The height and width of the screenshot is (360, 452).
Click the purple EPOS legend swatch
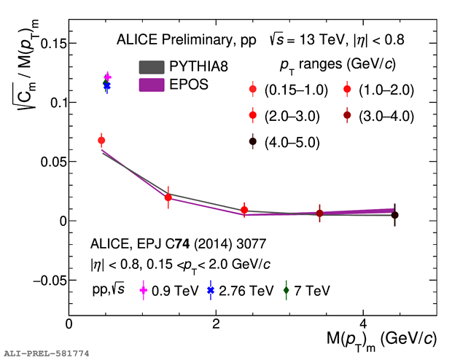pyautogui.click(x=152, y=85)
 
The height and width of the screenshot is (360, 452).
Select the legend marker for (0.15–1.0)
pyautogui.click(x=253, y=90)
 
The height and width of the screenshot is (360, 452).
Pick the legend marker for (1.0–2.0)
pyautogui.click(x=348, y=90)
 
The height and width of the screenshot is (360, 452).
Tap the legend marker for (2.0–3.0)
pyautogui.click(x=253, y=116)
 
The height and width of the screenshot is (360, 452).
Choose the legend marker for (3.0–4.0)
pyautogui.click(x=348, y=116)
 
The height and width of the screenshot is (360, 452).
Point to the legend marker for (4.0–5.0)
pyautogui.click(x=253, y=141)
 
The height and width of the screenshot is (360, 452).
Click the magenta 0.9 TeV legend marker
pyautogui.click(x=143, y=290)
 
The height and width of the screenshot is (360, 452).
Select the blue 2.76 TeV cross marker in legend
pyautogui.click(x=211, y=290)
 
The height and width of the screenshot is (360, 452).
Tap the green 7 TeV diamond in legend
pyautogui.click(x=286, y=290)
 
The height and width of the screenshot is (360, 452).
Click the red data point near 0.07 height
pyautogui.click(x=101, y=140)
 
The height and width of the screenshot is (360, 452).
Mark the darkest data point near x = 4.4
pyautogui.click(x=394, y=215)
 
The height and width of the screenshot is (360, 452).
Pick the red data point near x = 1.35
pyautogui.click(x=168, y=197)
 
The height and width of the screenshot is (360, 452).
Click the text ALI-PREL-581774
pyautogui.click(x=47, y=353)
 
